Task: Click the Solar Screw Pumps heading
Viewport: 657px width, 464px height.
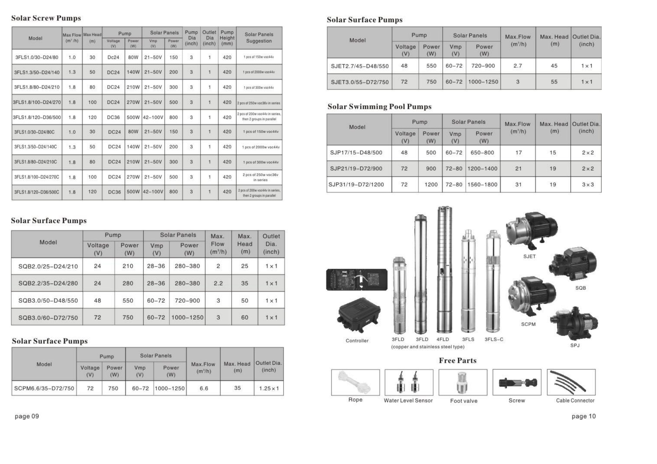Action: coord(46,18)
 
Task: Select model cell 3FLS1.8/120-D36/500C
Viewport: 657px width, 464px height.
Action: coord(37,192)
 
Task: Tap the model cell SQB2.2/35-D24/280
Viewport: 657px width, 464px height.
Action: coord(48,283)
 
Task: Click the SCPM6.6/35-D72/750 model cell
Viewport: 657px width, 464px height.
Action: coord(44,388)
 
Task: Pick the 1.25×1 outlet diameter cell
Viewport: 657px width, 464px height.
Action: coord(269,388)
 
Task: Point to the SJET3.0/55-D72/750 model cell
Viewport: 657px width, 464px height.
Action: coord(360,82)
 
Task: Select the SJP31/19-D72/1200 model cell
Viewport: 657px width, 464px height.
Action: coord(356,185)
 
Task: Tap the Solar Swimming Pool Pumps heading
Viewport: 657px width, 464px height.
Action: coord(379,107)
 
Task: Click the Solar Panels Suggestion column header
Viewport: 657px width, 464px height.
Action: coord(259,38)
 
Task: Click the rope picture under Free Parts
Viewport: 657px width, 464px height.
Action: coord(355,382)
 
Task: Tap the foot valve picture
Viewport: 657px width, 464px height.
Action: coord(462,382)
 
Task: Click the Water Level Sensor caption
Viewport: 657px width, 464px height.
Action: coord(408,401)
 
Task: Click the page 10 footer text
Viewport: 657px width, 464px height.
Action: coord(583,416)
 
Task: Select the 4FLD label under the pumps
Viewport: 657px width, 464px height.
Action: coord(442,339)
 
